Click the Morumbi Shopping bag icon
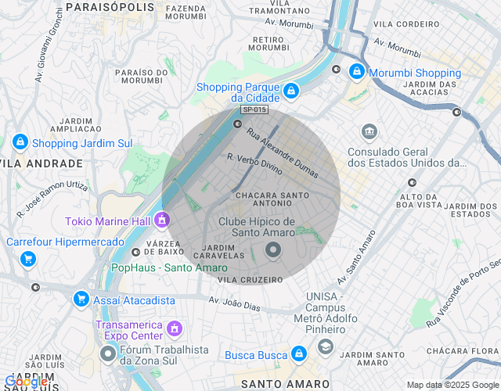(356, 71)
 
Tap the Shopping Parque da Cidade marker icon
(290, 91)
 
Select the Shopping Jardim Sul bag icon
(20, 142)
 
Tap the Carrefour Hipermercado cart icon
(28, 258)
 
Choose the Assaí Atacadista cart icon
(81, 299)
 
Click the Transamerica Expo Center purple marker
(175, 327)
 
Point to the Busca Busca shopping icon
(298, 354)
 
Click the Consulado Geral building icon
(369, 131)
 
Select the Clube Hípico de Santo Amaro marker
(273, 250)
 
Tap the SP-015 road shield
(254, 110)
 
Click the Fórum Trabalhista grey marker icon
(108, 354)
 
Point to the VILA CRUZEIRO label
(250, 279)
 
